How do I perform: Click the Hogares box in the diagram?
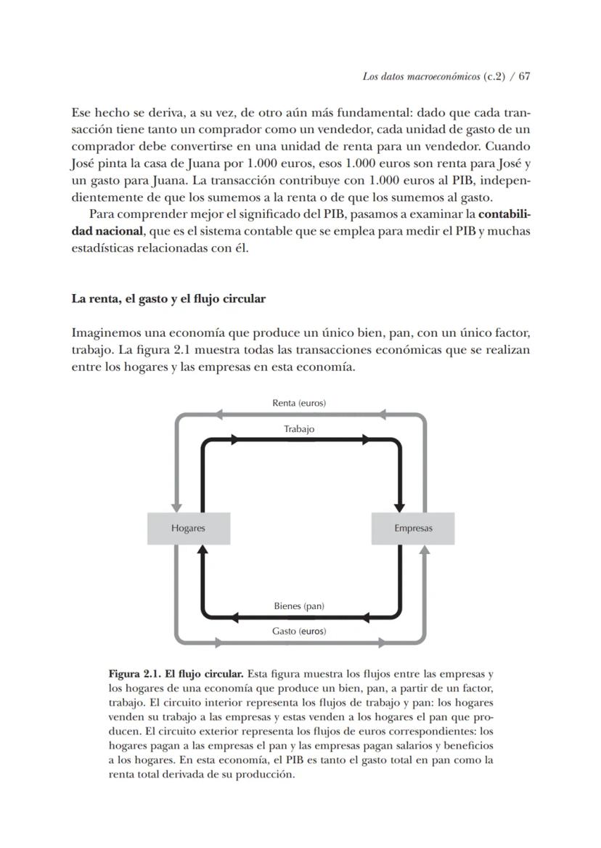[188, 528]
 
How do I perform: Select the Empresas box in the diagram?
[413, 528]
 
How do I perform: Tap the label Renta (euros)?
[299, 403]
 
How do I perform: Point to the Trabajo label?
[299, 429]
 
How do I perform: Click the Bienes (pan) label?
[299, 606]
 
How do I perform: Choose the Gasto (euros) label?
[299, 631]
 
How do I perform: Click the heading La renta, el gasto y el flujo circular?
[168, 298]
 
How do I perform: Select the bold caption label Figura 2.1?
[136, 674]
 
